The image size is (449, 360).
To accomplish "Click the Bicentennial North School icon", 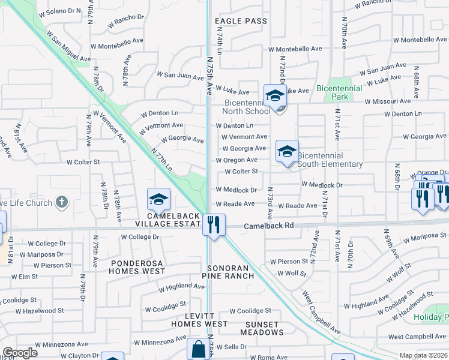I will (x=275, y=96).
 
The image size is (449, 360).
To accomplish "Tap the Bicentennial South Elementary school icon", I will (x=287, y=151).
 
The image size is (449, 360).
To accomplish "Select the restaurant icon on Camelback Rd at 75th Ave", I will (x=214, y=225).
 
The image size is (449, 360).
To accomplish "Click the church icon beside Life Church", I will (x=61, y=202).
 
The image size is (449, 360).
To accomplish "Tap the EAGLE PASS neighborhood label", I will (x=241, y=21).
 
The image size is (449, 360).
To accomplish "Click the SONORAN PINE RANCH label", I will (x=231, y=272).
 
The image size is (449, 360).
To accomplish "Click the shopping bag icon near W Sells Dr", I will (x=198, y=349).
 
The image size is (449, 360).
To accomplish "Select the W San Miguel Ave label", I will (x=71, y=49).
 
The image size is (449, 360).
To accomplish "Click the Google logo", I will (x=20, y=353).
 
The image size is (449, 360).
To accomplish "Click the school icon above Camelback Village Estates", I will (x=159, y=199).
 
